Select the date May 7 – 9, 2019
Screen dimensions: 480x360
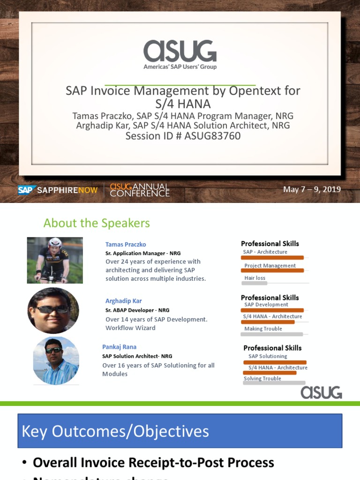(x=312, y=189)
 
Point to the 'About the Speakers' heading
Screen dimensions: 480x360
(x=97, y=223)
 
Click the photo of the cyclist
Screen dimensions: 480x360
(x=55, y=260)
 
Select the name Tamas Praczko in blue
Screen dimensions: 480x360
(x=126, y=244)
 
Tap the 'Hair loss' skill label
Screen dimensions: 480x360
(x=255, y=278)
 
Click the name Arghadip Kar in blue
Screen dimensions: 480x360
(x=123, y=301)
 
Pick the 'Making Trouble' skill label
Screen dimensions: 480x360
(x=263, y=329)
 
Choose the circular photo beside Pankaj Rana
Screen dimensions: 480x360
(x=56, y=360)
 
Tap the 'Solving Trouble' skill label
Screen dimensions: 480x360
(x=262, y=378)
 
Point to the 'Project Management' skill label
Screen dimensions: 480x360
(x=270, y=266)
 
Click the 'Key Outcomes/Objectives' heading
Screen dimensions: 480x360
(x=115, y=431)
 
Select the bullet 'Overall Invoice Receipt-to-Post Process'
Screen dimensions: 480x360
(x=153, y=463)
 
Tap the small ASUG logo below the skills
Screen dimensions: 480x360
(x=321, y=392)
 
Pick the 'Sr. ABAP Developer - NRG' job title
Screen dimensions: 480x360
(x=137, y=310)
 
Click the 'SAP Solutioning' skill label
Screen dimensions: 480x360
(x=268, y=356)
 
